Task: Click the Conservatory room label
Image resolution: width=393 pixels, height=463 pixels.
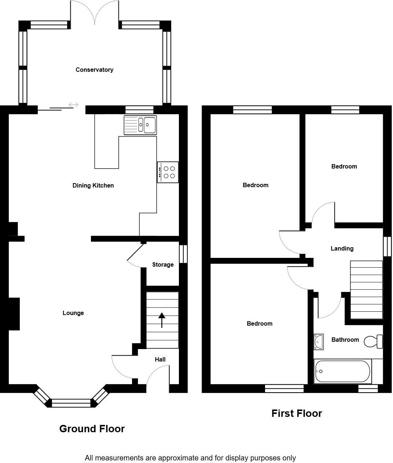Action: tap(94, 70)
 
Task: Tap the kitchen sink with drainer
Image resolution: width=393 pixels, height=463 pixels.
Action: tap(140, 125)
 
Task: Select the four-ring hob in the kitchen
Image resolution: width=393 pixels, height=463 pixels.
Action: tap(168, 172)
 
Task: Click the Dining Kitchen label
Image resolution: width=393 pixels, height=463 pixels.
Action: tap(93, 185)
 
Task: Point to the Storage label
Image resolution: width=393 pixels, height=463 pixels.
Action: tap(163, 264)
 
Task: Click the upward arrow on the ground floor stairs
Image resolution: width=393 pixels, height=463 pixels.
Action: tap(162, 320)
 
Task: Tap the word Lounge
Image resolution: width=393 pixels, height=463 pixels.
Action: tap(73, 313)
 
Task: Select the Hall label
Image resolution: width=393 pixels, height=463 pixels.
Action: tap(160, 359)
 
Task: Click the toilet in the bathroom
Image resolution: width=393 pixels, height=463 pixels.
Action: tap(373, 341)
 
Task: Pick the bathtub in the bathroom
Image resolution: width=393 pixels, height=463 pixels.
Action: tap(342, 371)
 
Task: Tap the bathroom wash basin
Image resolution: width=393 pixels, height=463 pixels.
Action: tap(318, 341)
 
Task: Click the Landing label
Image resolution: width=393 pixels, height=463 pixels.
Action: tap(342, 248)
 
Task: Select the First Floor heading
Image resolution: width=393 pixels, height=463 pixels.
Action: tap(297, 413)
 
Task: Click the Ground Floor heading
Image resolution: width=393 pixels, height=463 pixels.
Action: tap(92, 429)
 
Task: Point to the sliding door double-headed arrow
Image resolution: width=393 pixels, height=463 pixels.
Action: tap(73, 105)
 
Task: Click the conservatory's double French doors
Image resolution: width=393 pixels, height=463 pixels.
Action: tap(95, 13)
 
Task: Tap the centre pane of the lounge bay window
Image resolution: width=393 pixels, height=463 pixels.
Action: tap(71, 403)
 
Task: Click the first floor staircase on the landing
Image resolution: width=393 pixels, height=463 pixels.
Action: tap(366, 289)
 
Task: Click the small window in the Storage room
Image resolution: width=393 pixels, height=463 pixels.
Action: tap(183, 253)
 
